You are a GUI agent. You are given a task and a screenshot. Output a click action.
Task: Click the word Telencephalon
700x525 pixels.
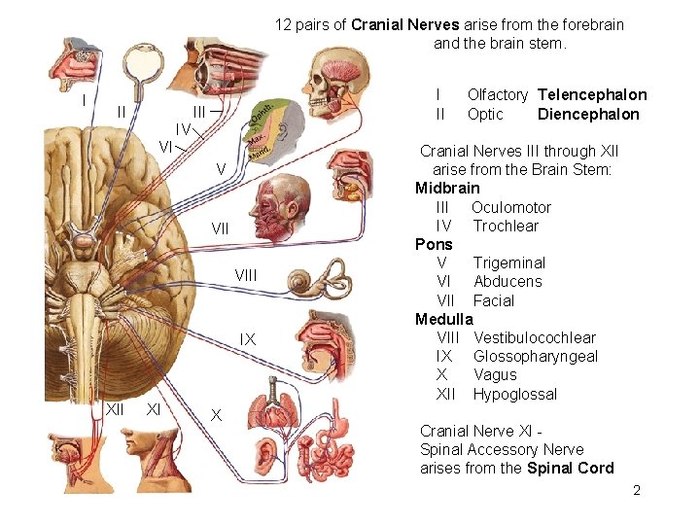tap(592, 94)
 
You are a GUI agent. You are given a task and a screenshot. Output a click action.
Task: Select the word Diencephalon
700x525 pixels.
tap(588, 114)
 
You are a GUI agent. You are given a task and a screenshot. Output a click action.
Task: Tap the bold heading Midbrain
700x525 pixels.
tap(447, 188)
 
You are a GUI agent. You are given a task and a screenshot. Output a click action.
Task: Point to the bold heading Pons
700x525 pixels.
tap(434, 244)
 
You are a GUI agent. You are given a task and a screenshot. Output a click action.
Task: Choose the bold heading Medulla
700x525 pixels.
tap(443, 319)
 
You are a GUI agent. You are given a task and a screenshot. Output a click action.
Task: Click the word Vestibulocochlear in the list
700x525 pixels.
tap(535, 337)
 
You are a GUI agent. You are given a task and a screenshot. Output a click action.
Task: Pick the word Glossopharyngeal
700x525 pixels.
tap(536, 356)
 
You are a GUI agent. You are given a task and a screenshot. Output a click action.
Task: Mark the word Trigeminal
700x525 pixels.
tap(509, 262)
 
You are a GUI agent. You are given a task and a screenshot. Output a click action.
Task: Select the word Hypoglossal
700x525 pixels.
tap(515, 394)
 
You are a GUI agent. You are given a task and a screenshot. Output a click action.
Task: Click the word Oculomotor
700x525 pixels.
tap(511, 207)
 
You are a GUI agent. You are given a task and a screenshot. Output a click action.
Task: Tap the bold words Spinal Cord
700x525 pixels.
tap(571, 468)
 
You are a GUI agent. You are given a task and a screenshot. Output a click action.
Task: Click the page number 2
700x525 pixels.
tap(637, 490)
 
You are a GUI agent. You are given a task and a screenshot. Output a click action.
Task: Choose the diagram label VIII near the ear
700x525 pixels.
tap(246, 276)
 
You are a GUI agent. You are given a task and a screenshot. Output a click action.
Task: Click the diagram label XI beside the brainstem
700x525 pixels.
tap(154, 409)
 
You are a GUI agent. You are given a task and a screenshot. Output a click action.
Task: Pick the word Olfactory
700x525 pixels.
tap(497, 94)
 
